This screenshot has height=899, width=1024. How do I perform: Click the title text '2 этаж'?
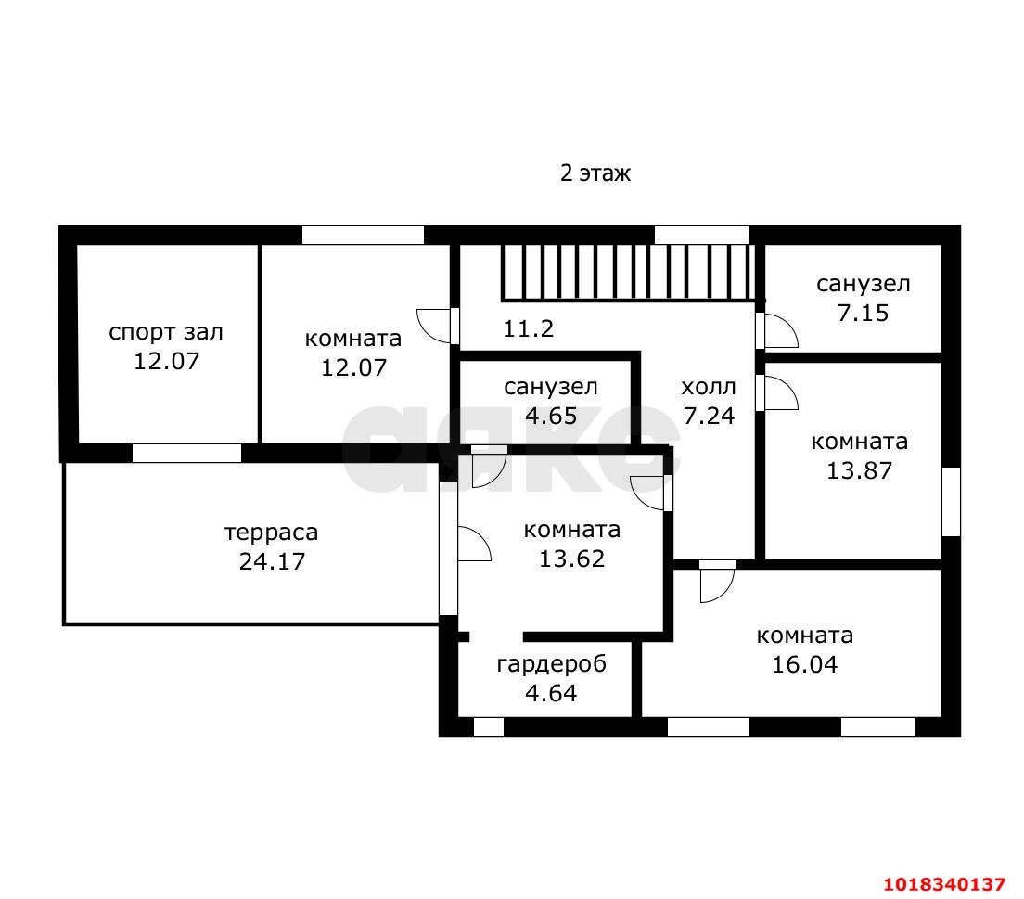595,173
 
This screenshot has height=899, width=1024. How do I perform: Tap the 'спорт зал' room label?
166,332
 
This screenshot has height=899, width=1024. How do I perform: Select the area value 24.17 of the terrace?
272,561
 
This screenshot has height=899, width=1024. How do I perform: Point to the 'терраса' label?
271,533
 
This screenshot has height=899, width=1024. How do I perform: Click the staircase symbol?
628,273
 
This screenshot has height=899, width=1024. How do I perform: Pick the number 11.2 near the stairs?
528,328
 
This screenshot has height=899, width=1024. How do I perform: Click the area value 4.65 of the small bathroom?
551,416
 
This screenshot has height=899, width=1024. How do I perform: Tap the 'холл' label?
709,387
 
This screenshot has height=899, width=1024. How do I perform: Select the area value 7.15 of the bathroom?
863,313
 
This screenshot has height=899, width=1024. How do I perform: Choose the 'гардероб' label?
551,663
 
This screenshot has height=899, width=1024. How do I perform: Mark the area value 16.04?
804,664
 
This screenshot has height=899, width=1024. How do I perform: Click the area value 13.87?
860,470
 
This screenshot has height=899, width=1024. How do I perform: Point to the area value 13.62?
571,559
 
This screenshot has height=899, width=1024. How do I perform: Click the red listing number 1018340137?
944,885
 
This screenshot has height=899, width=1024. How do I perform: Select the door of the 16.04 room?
717,582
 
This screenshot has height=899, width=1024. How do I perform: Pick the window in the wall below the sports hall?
186,453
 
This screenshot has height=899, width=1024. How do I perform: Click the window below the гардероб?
489,726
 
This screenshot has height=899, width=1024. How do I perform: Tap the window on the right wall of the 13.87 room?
951,502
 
